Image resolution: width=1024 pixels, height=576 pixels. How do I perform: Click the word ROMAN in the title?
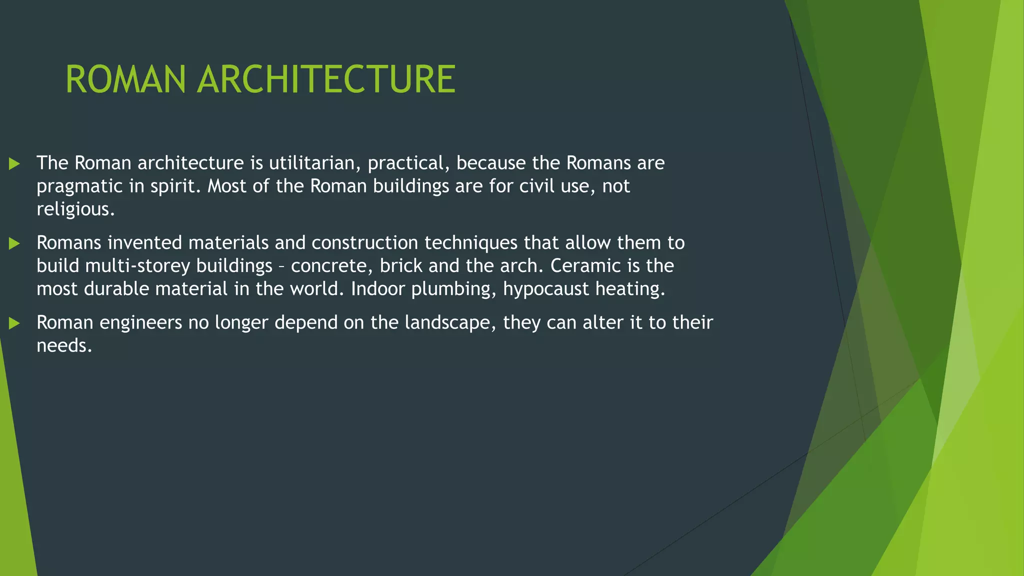pyautogui.click(x=125, y=80)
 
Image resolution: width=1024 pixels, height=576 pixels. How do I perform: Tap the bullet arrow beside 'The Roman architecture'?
pyautogui.click(x=14, y=163)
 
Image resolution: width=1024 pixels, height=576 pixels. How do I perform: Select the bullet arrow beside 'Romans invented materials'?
pyautogui.click(x=14, y=243)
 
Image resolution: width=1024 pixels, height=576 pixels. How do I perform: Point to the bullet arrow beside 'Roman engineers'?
pyautogui.click(x=14, y=323)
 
